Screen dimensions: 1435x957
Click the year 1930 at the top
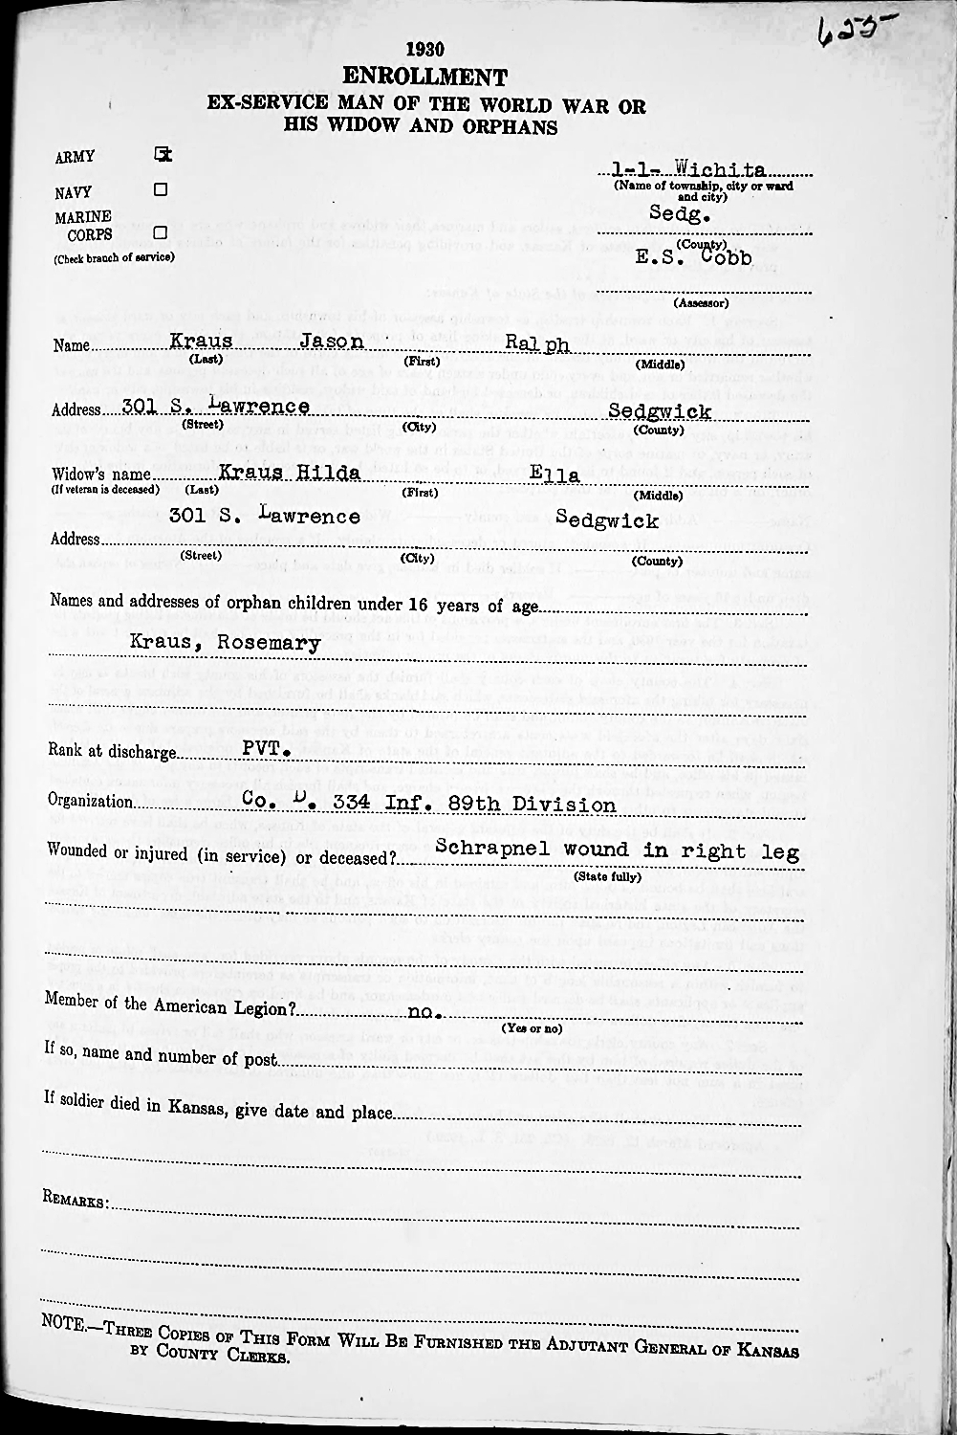tap(425, 50)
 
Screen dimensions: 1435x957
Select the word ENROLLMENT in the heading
tap(424, 77)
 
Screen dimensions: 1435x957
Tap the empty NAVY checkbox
tap(161, 189)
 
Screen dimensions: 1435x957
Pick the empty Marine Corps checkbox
tap(161, 232)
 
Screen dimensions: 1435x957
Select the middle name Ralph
tap(537, 343)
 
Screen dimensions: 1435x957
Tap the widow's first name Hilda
tap(328, 473)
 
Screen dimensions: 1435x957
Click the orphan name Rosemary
tap(269, 643)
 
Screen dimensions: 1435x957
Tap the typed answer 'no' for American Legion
tap(422, 1011)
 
